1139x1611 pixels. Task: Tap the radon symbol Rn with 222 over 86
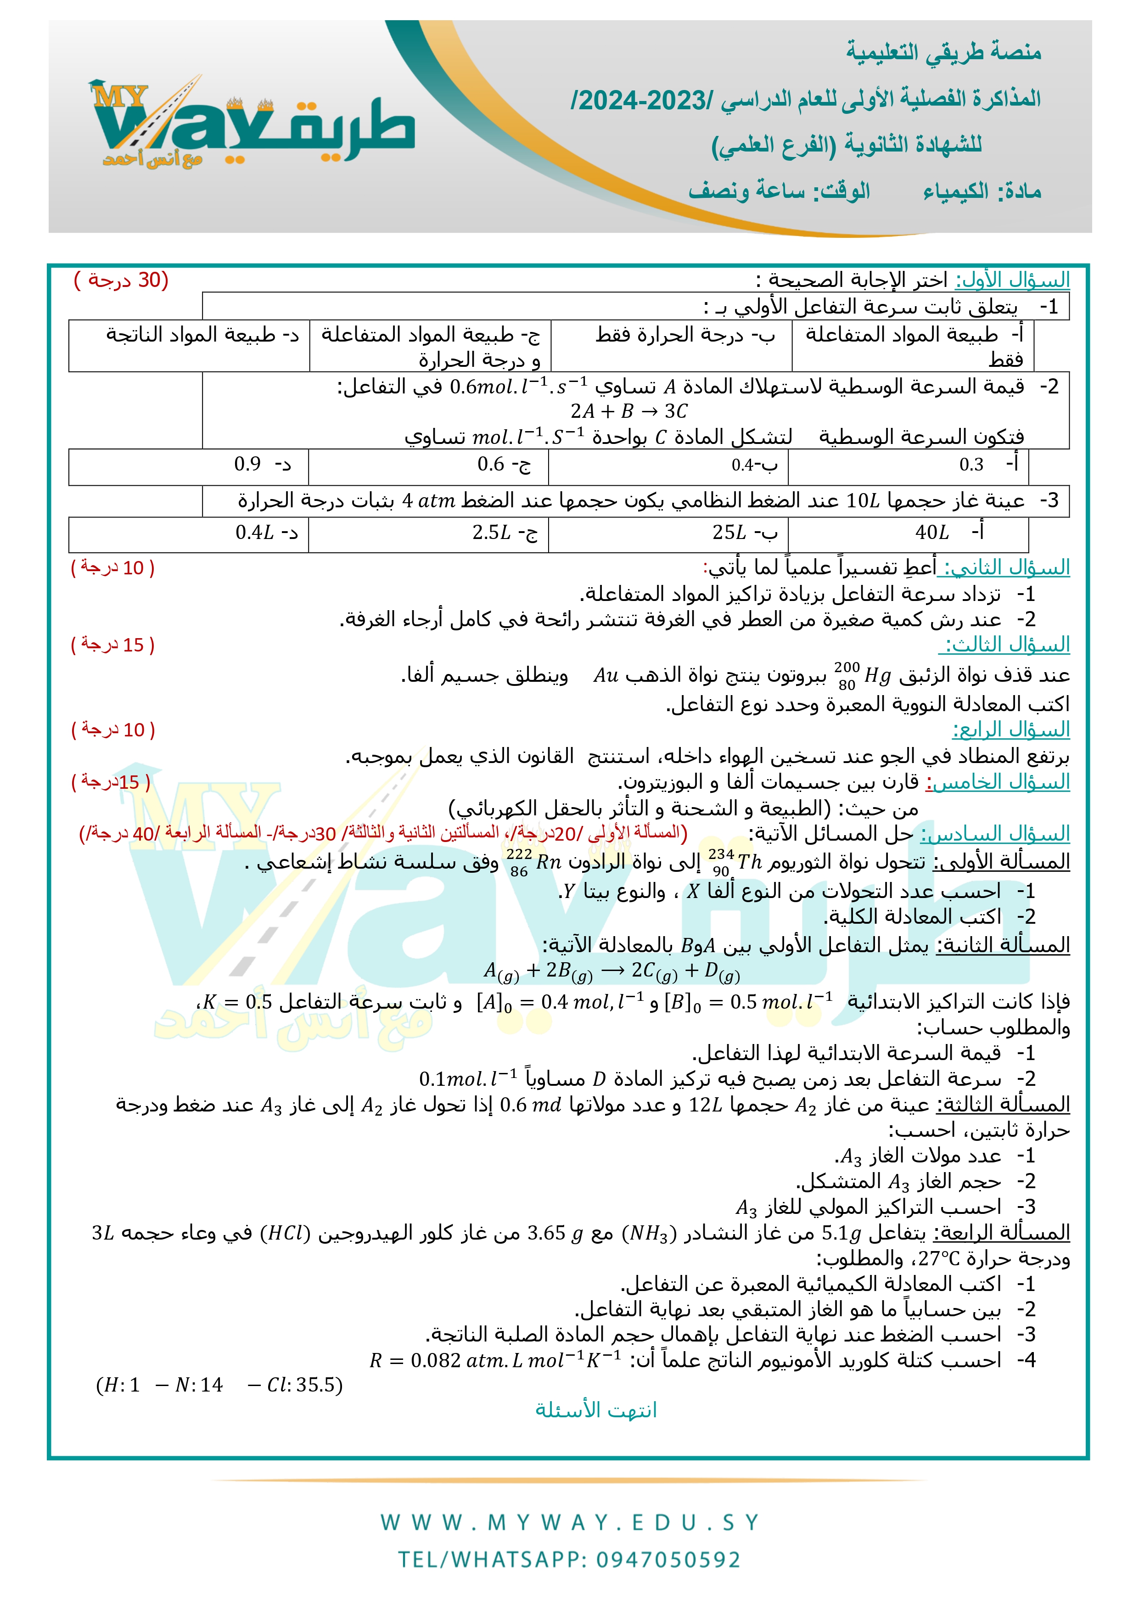coord(533,862)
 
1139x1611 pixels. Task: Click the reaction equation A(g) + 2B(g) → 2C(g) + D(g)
coord(611,971)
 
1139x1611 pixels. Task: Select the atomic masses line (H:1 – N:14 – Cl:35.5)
coord(219,1385)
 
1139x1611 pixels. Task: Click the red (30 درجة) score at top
coord(121,280)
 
